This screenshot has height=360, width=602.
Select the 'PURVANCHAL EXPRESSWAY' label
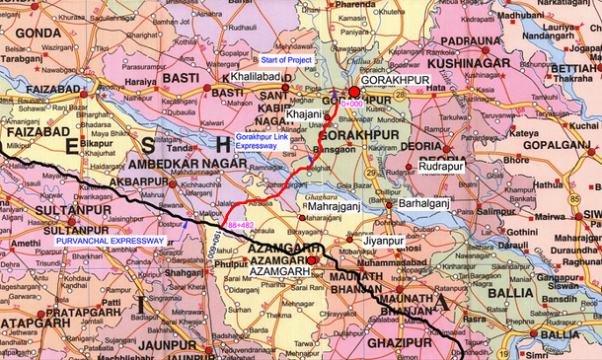click(x=110, y=240)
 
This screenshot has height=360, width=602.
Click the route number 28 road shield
click(x=402, y=92)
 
